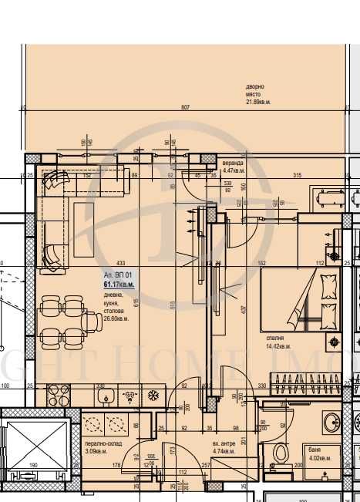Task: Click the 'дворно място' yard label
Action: tap(255, 87)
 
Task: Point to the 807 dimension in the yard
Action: tap(185, 108)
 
